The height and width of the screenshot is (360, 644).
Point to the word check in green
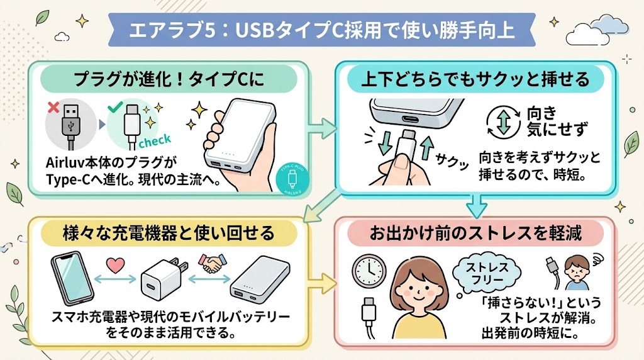155,139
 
